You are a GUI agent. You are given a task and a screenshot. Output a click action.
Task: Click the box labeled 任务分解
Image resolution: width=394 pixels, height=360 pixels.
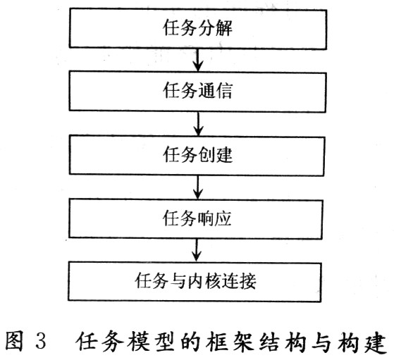click(198, 29)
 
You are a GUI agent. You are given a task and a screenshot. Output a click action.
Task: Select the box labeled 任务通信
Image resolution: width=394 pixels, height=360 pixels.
click(198, 92)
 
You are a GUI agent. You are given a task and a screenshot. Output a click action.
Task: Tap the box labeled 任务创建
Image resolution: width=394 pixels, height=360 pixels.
click(197, 155)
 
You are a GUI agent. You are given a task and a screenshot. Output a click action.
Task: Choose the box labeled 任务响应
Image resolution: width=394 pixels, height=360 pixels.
click(196, 218)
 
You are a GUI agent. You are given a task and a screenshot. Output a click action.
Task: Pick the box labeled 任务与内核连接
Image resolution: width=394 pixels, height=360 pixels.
click(195, 282)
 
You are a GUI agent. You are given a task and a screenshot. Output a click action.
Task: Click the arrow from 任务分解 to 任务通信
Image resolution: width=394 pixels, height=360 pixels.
click(198, 61)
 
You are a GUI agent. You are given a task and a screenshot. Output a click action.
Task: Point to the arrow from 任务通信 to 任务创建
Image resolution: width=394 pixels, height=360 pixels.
click(198, 123)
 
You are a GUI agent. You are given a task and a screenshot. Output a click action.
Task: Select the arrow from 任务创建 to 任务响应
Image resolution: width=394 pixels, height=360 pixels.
click(198, 187)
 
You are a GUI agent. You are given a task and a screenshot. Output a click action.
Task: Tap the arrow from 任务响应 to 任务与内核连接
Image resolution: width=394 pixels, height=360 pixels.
click(197, 251)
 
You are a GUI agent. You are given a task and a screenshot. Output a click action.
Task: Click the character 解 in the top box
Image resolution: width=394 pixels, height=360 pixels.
click(223, 27)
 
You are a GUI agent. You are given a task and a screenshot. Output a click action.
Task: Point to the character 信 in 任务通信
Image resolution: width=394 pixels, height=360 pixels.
click(223, 90)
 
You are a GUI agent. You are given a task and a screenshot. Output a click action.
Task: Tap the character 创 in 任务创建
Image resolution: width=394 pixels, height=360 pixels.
click(206, 154)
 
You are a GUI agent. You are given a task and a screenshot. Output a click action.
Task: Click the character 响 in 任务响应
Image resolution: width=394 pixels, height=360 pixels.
click(206, 218)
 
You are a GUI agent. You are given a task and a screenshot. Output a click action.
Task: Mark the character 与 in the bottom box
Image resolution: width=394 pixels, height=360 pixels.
click(178, 280)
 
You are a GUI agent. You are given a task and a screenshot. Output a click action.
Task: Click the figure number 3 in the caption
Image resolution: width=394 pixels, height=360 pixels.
click(41, 341)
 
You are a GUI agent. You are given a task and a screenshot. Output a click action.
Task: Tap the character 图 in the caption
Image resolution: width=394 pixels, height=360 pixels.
click(14, 341)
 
